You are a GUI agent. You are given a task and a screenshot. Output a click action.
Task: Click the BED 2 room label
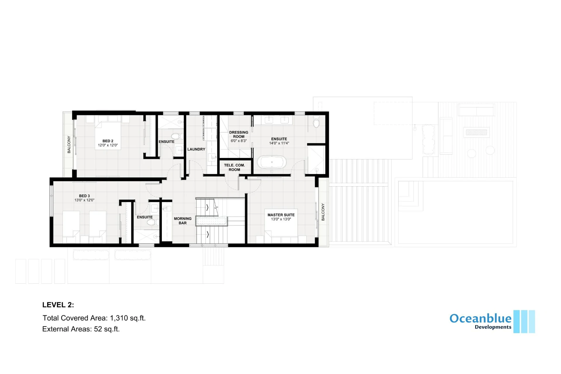[108, 141]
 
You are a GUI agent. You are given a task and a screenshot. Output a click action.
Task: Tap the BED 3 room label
[84, 196]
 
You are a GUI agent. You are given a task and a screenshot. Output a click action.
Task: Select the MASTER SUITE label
[281, 215]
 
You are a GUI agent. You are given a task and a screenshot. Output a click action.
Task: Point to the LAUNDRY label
[196, 149]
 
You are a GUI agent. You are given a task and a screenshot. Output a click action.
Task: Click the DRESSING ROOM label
[239, 135]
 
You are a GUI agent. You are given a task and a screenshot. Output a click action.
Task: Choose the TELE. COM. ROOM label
[234, 167]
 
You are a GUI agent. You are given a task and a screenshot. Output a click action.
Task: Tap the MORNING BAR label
[183, 221]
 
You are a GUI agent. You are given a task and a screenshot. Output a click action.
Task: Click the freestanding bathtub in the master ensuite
[272, 162]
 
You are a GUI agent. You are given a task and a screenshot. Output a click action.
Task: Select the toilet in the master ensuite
[316, 122]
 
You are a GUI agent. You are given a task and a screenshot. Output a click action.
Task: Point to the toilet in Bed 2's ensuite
[177, 136]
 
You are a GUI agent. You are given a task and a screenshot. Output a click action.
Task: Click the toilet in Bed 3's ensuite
[153, 223]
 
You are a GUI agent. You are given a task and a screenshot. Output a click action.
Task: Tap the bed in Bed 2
[108, 133]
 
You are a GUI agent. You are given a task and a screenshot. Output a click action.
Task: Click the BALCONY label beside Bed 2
[69, 144]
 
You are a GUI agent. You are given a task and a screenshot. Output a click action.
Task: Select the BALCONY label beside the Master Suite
[323, 212]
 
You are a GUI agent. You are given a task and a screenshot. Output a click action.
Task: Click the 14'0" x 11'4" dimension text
[279, 143]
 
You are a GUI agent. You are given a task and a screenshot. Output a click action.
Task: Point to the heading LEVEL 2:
[58, 305]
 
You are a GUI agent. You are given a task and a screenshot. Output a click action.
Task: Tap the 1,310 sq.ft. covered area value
[128, 318]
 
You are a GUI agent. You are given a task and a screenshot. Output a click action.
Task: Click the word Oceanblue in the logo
[480, 318]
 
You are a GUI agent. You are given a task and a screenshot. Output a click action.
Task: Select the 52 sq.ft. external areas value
[107, 329]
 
